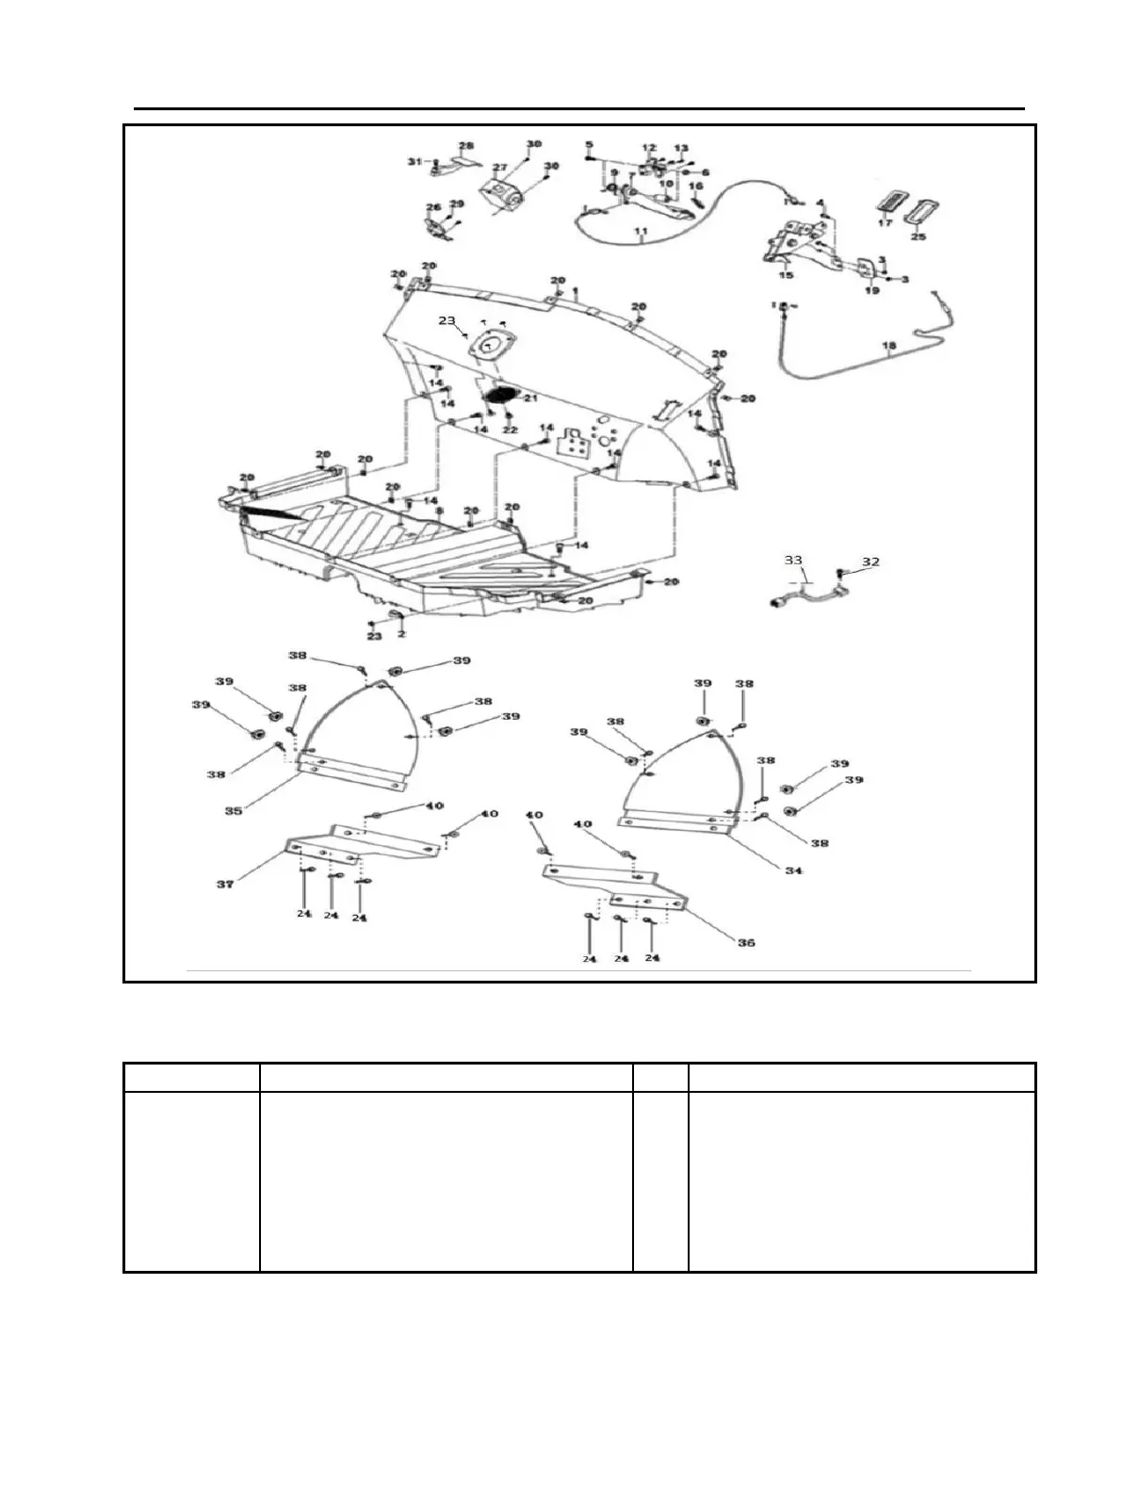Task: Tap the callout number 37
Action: click(x=225, y=884)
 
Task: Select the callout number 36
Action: click(x=745, y=942)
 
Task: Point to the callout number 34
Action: click(x=793, y=870)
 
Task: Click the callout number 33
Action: click(x=794, y=560)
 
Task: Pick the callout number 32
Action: click(x=870, y=561)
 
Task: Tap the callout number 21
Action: click(x=530, y=398)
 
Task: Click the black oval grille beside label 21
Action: click(x=499, y=394)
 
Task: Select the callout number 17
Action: click(x=885, y=223)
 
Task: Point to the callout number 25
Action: click(x=919, y=236)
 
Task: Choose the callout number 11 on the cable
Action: click(x=641, y=231)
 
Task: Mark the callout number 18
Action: click(x=887, y=347)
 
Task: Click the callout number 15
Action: click(x=786, y=275)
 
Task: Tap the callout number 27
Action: click(x=500, y=168)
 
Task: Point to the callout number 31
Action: click(x=413, y=161)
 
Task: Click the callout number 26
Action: click(x=432, y=207)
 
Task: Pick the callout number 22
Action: click(x=511, y=430)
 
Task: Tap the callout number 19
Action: click(x=871, y=291)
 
